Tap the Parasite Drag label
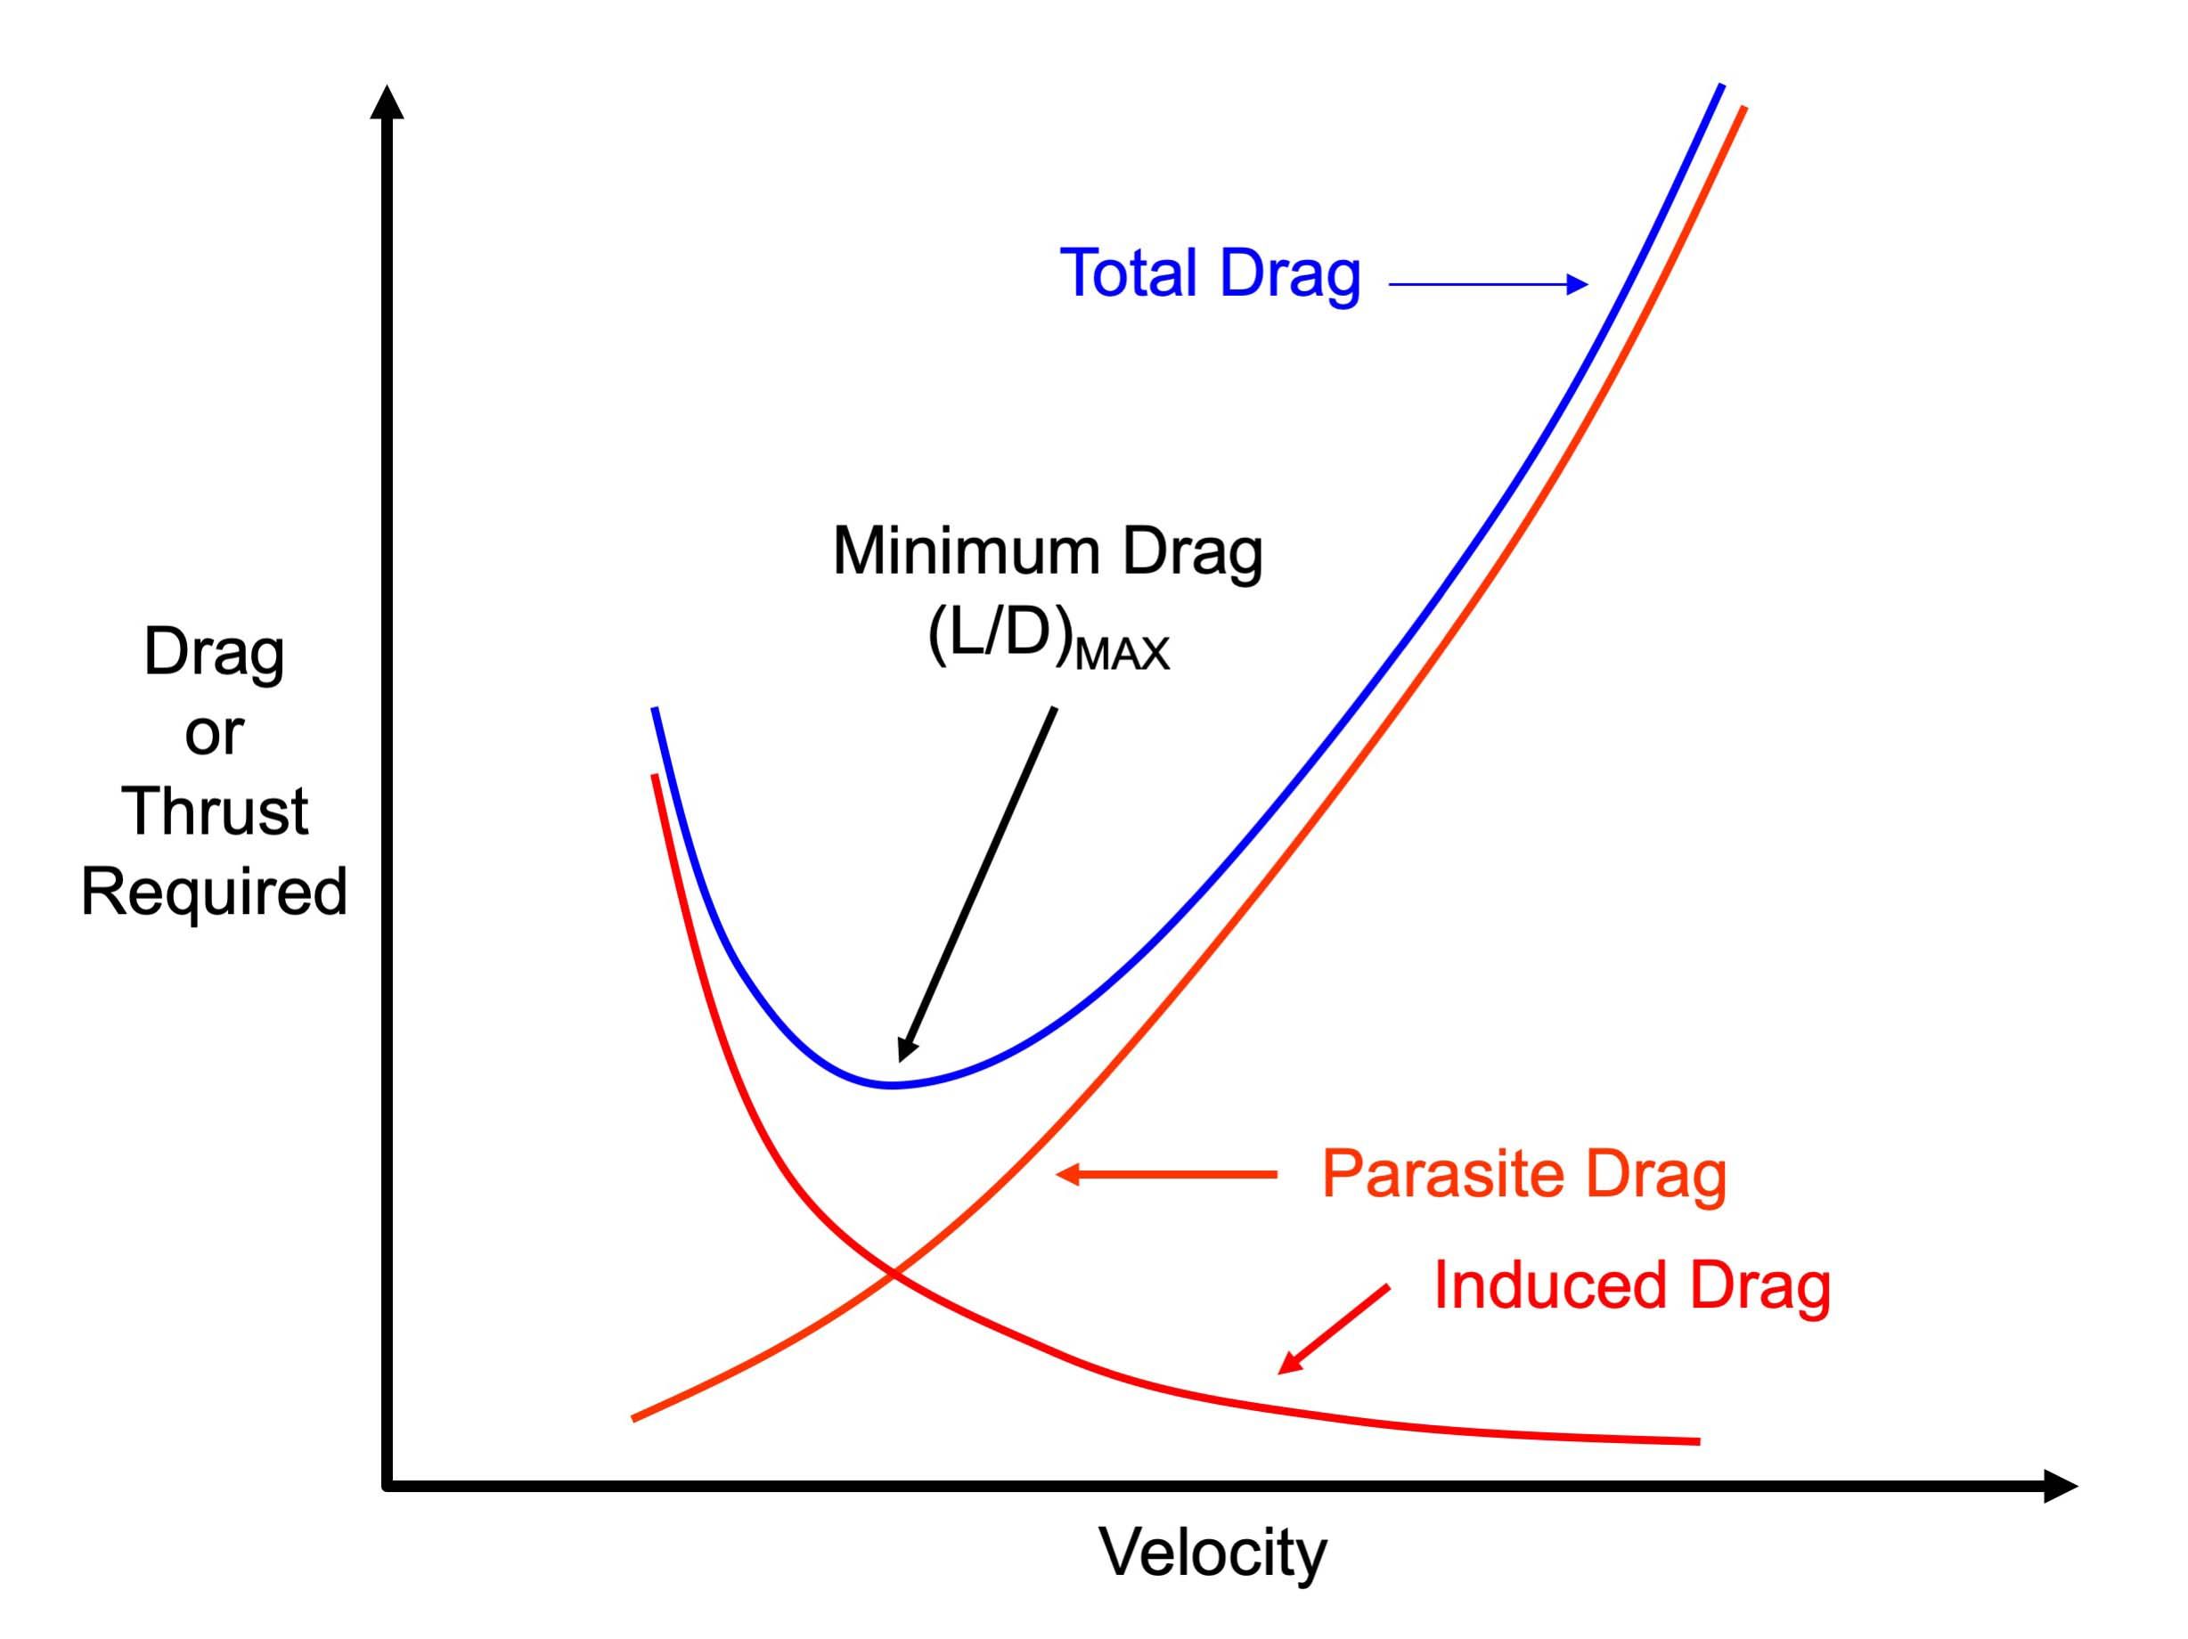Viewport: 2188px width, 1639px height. (1523, 1174)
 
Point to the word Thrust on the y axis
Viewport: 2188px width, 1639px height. (215, 811)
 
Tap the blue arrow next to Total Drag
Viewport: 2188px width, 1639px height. (1488, 284)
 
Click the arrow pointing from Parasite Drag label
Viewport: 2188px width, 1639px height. (1166, 1174)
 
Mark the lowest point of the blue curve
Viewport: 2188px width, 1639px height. (891, 1085)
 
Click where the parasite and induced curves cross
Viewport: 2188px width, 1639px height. (894, 1273)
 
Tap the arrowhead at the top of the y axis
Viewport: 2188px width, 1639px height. (387, 102)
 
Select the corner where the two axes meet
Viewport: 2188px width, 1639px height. (387, 1486)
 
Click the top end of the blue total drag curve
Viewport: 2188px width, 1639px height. (1721, 86)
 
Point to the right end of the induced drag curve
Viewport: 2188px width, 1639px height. (1697, 1441)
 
